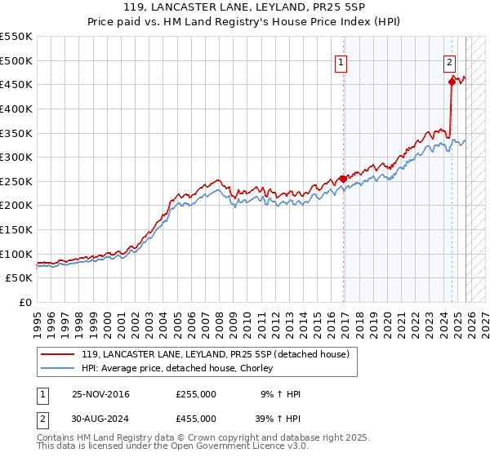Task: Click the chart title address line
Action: click(x=245, y=10)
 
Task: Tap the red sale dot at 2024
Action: click(x=452, y=81)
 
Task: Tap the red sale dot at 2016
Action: click(x=343, y=179)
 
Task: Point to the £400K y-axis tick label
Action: click(x=16, y=109)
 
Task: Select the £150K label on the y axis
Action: click(x=16, y=229)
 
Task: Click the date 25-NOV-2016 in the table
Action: click(x=100, y=394)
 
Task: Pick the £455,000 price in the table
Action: click(x=196, y=418)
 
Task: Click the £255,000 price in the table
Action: click(x=196, y=394)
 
